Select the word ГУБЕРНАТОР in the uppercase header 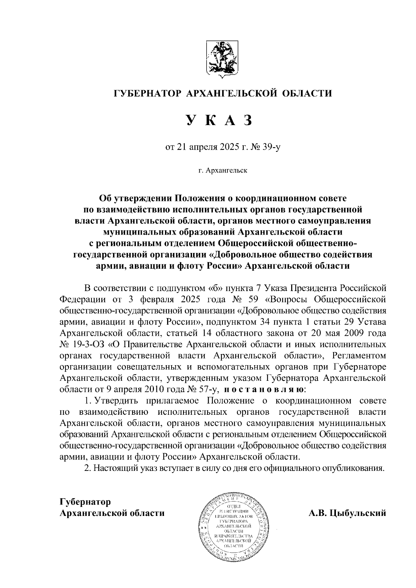[148, 93]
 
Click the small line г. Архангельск [223, 170]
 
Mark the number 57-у [208, 389]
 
